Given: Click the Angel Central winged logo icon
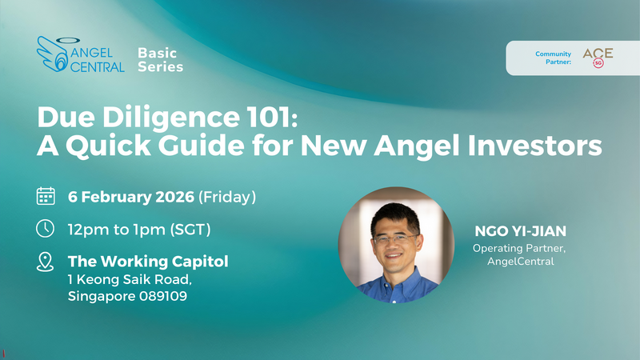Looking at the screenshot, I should click(52, 54).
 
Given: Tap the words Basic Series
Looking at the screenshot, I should click(160, 59).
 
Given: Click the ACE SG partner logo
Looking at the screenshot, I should click(598, 57).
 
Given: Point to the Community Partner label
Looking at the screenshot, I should click(554, 58).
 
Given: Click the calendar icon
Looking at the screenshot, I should click(46, 196).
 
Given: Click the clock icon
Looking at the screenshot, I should click(46, 228).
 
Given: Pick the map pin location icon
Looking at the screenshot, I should click(46, 261).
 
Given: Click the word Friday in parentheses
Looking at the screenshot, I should click(231, 196).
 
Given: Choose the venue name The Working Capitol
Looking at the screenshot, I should click(148, 261).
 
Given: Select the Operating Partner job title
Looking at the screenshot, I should click(512, 249).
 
